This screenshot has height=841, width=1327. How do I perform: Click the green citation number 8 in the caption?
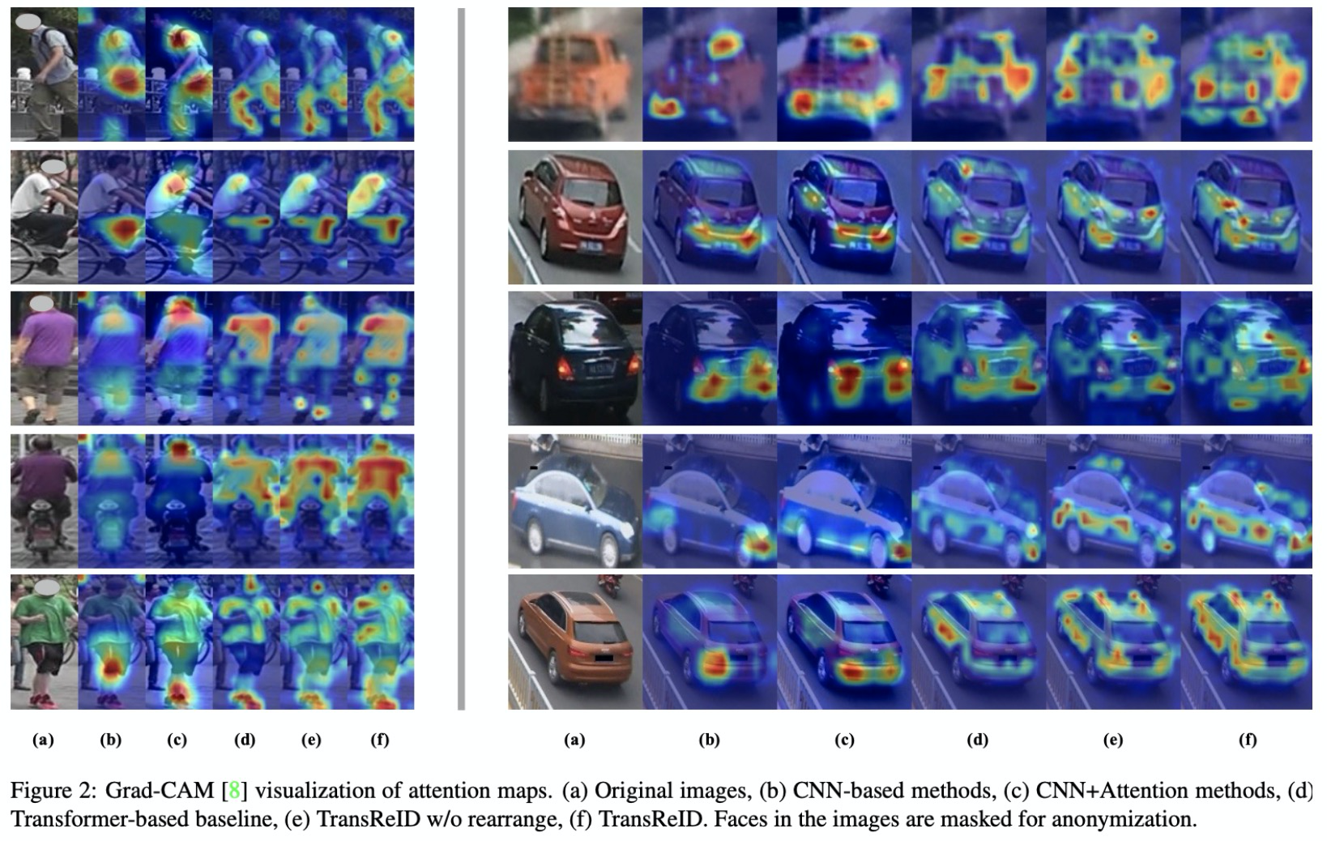coord(234,790)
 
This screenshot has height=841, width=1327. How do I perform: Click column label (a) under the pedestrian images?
coord(43,740)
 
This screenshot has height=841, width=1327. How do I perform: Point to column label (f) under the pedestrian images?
coord(380,740)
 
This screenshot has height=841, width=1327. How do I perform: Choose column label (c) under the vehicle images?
coord(844,740)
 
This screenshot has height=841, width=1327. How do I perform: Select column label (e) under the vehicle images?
coord(1113,740)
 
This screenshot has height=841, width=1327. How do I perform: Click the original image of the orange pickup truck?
coord(575,74)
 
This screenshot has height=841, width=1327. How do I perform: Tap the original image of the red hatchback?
coord(575,217)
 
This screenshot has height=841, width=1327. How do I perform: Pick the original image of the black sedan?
coord(575,358)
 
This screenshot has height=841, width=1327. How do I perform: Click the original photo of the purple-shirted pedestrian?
coord(45,358)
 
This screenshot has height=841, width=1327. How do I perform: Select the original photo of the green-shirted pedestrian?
coord(45,642)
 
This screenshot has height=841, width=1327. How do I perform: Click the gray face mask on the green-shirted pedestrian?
coord(47,587)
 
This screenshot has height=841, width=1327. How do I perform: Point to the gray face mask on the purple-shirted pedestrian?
coord(41,304)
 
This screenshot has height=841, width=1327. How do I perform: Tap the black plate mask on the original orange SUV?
coord(604,657)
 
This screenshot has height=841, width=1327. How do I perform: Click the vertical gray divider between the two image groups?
coord(462,359)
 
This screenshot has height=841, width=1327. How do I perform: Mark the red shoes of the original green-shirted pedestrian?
coord(44,701)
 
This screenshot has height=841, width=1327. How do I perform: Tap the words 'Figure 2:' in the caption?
coord(53,790)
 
